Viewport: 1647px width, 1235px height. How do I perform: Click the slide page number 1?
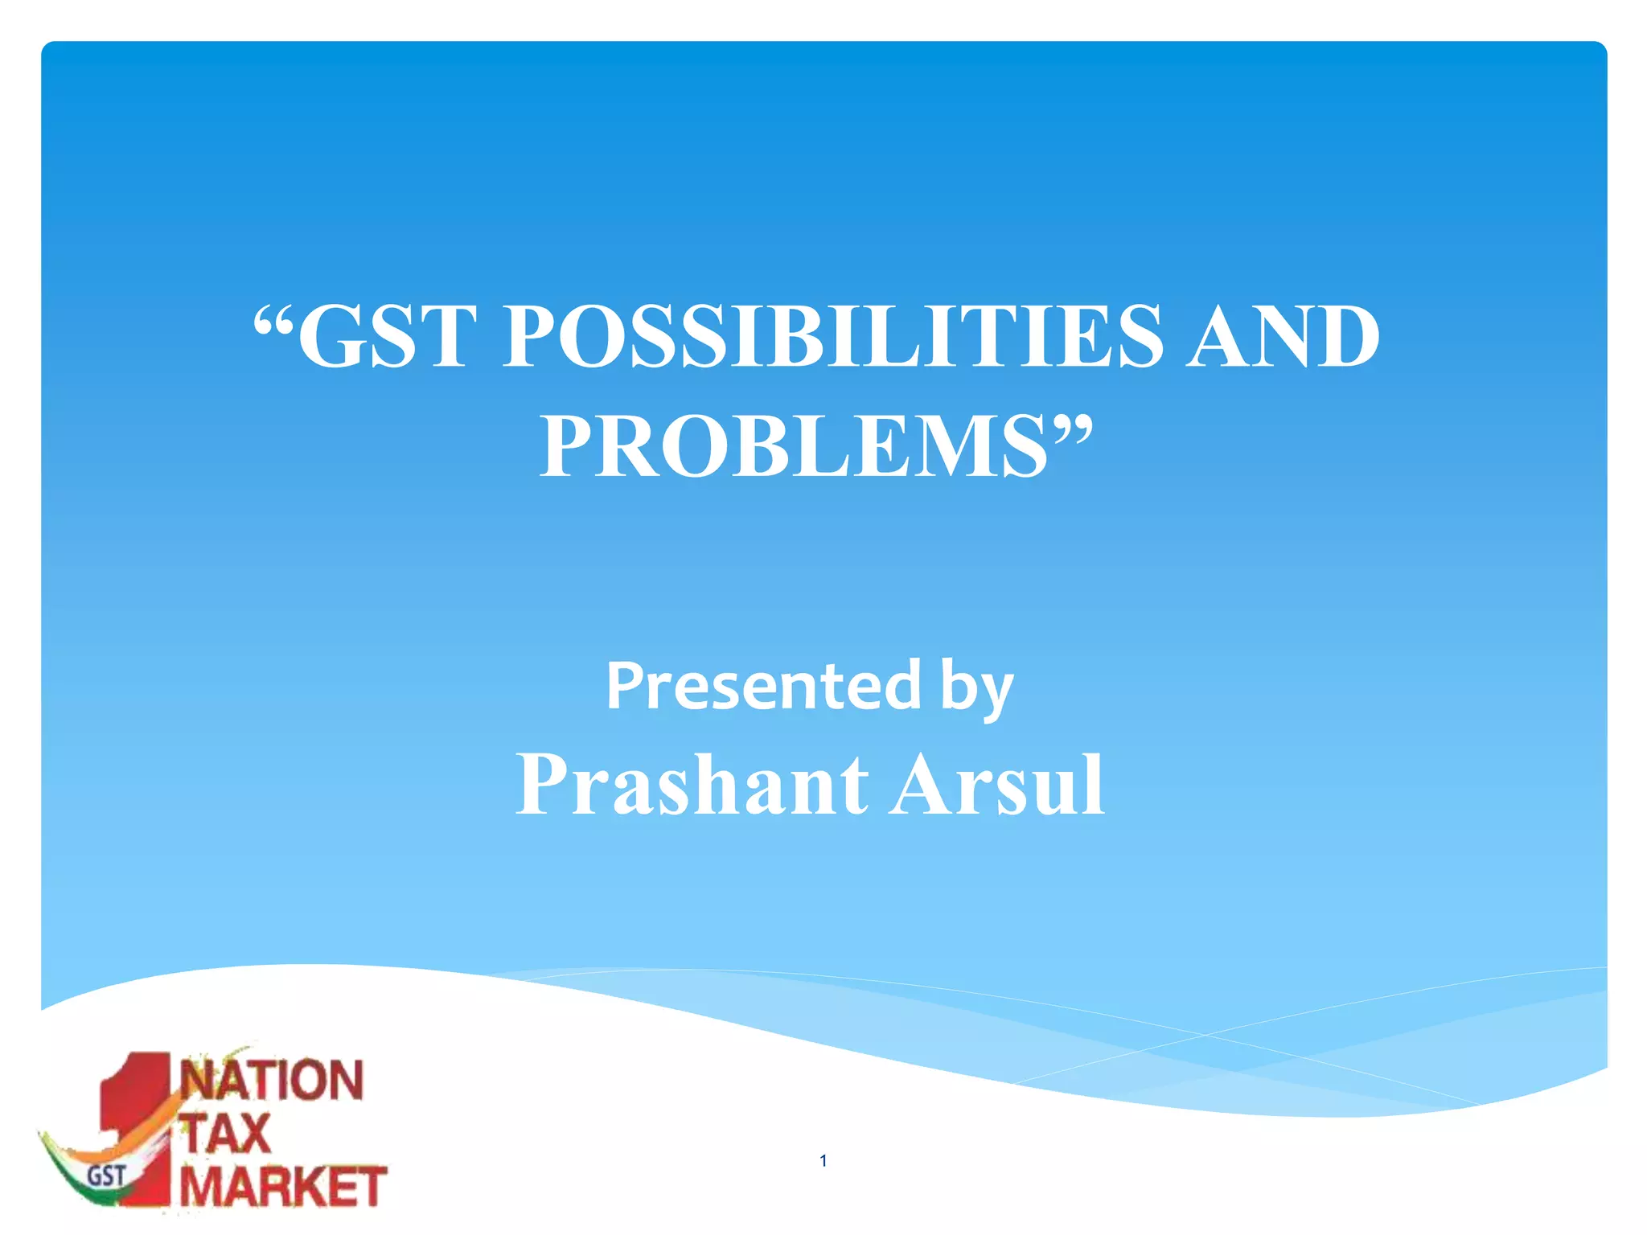pyautogui.click(x=823, y=1160)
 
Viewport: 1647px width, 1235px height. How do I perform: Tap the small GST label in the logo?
pyautogui.click(x=106, y=1176)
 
